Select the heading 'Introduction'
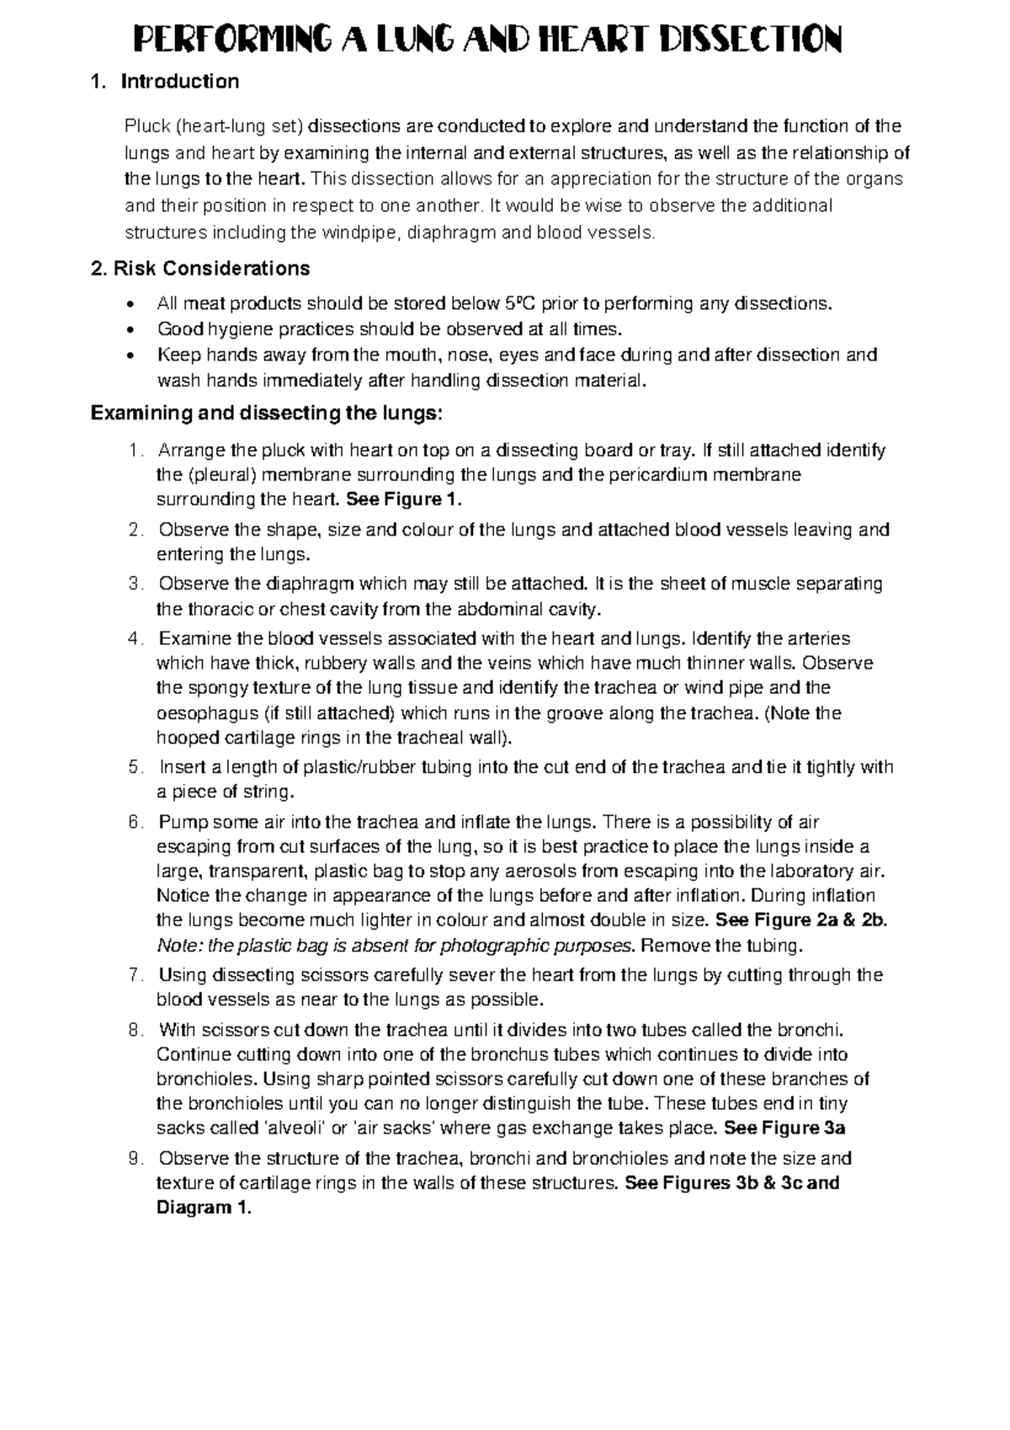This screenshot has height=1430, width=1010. tap(179, 82)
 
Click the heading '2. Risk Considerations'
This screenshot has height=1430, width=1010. tap(199, 269)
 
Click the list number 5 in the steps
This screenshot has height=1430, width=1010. tap(136, 767)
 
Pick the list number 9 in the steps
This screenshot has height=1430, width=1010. tap(136, 1158)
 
